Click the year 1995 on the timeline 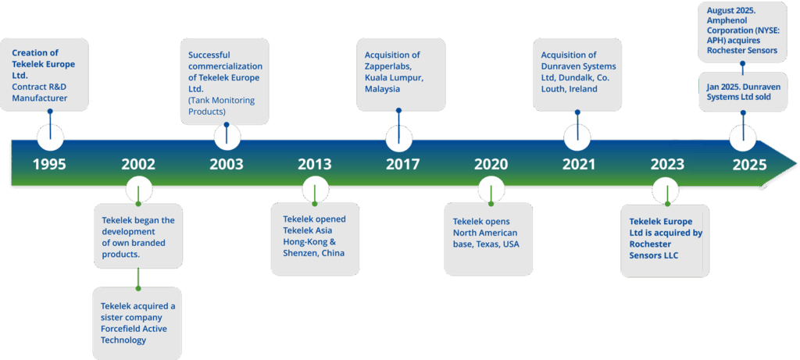49,165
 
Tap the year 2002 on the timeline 138,165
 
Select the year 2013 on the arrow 314,165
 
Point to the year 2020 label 491,165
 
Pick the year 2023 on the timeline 666,165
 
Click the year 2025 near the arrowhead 749,165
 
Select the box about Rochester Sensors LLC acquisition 666,238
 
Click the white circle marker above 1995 50,138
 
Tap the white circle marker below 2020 491,191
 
